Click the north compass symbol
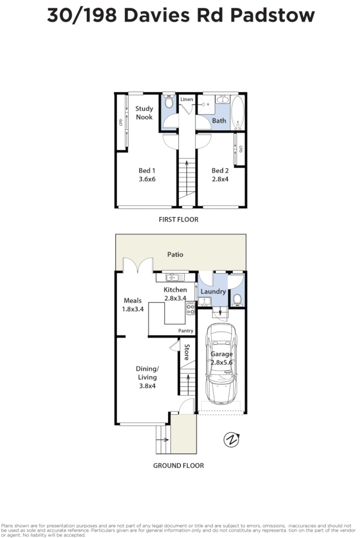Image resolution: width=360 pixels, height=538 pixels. pyautogui.click(x=231, y=440)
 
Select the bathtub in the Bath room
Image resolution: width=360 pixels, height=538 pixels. pyautogui.click(x=238, y=112)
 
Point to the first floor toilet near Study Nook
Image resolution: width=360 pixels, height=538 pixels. pyautogui.click(x=169, y=103)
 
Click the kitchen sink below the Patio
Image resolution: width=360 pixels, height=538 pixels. pyautogui.click(x=172, y=277)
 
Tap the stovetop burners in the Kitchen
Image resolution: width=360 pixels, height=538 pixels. pyautogui.click(x=190, y=309)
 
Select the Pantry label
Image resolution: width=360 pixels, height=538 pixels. pyautogui.click(x=185, y=331)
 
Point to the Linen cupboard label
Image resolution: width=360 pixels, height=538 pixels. pyautogui.click(x=186, y=100)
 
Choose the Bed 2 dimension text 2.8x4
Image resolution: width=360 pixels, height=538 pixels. pyautogui.click(x=220, y=179)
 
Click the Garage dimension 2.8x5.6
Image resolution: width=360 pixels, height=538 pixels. pyautogui.click(x=222, y=362)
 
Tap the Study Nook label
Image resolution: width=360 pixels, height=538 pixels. pyautogui.click(x=144, y=113)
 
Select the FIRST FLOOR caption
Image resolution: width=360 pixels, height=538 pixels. pyautogui.click(x=178, y=219)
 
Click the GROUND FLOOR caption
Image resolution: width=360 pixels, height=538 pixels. pyautogui.click(x=178, y=466)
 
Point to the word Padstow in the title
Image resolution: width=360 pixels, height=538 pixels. pyautogui.click(x=272, y=16)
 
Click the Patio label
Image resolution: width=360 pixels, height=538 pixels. pyautogui.click(x=175, y=255)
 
